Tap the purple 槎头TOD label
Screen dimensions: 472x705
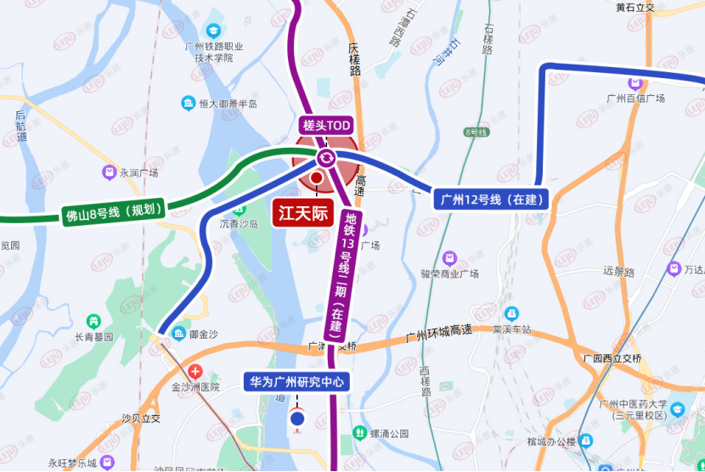pos(327,126)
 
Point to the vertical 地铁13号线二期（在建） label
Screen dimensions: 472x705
pos(349,271)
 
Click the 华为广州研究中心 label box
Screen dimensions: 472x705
pos(296,382)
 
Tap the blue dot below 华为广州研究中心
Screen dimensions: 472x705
pos(297,418)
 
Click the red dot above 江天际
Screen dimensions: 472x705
pos(317,177)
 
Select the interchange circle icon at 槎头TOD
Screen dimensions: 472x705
pos(326,158)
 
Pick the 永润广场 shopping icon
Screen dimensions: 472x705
pos(109,172)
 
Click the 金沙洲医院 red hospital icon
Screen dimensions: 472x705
pos(196,371)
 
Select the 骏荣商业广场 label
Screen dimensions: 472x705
pos(449,273)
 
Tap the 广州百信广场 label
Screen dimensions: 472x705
pos(635,98)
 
